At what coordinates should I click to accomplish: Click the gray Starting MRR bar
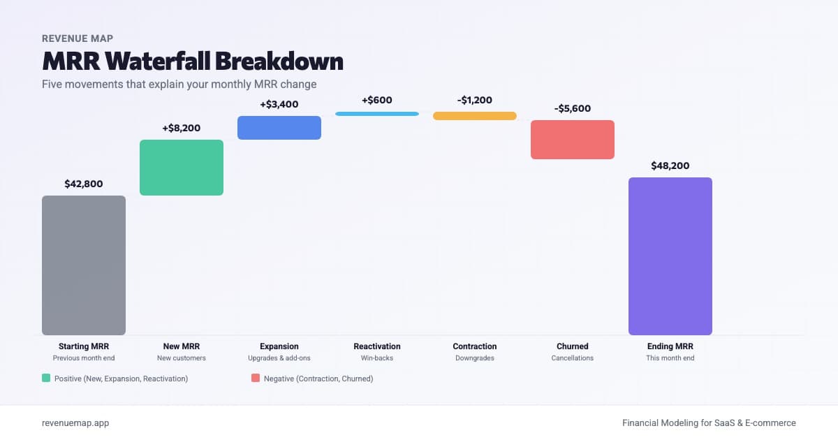pos(84,265)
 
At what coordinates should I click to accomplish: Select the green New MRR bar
pos(182,168)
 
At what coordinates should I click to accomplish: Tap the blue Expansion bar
pos(279,128)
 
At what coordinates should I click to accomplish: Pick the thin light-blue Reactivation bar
pos(377,113)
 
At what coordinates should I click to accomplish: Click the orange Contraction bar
pos(475,116)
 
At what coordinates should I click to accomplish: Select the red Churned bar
pos(573,140)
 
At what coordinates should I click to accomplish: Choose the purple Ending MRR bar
pos(670,256)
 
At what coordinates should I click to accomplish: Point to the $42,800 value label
pos(84,184)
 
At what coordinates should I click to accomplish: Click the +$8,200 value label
pos(182,129)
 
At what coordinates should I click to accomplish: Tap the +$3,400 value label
pos(279,105)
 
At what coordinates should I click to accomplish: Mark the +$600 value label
pos(377,100)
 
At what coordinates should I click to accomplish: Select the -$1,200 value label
pos(475,100)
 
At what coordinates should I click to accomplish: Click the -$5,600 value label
pos(573,109)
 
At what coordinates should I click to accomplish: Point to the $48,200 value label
pos(670,166)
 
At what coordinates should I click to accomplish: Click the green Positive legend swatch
pos(46,378)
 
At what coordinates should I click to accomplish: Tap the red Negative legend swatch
pos(256,378)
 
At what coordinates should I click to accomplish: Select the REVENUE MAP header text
pos(78,38)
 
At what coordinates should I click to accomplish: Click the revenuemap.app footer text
pos(75,423)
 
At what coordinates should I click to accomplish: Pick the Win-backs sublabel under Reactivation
pos(377,358)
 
